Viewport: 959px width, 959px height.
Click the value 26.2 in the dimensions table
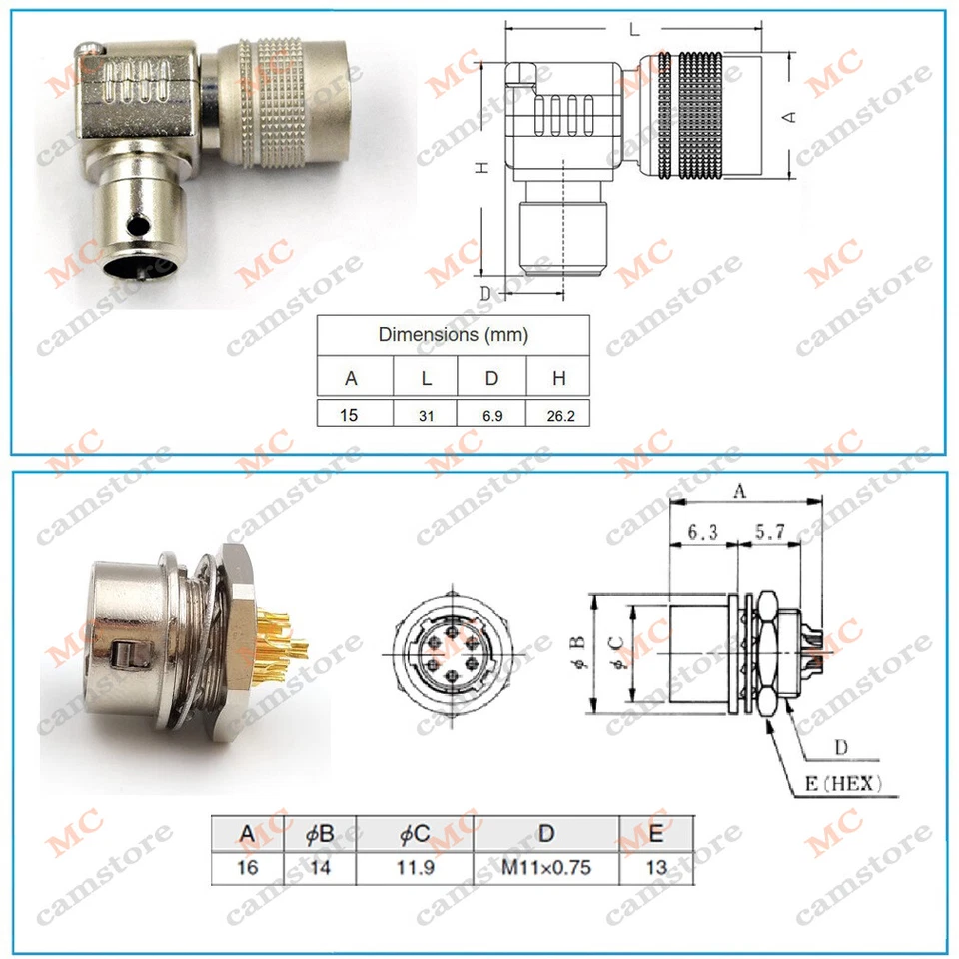pyautogui.click(x=558, y=414)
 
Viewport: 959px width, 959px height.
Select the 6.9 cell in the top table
pyautogui.click(x=490, y=414)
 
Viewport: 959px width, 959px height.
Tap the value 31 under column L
pyautogui.click(x=426, y=414)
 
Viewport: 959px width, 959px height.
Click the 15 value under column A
pyautogui.click(x=349, y=413)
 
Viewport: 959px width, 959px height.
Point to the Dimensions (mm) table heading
pyautogui.click(x=453, y=334)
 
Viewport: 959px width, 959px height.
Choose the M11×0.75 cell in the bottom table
pyautogui.click(x=545, y=867)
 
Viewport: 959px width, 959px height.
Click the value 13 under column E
pyautogui.click(x=656, y=867)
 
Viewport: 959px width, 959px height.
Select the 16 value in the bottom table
pyautogui.click(x=248, y=867)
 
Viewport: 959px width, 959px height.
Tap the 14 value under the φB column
pyautogui.click(x=320, y=867)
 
